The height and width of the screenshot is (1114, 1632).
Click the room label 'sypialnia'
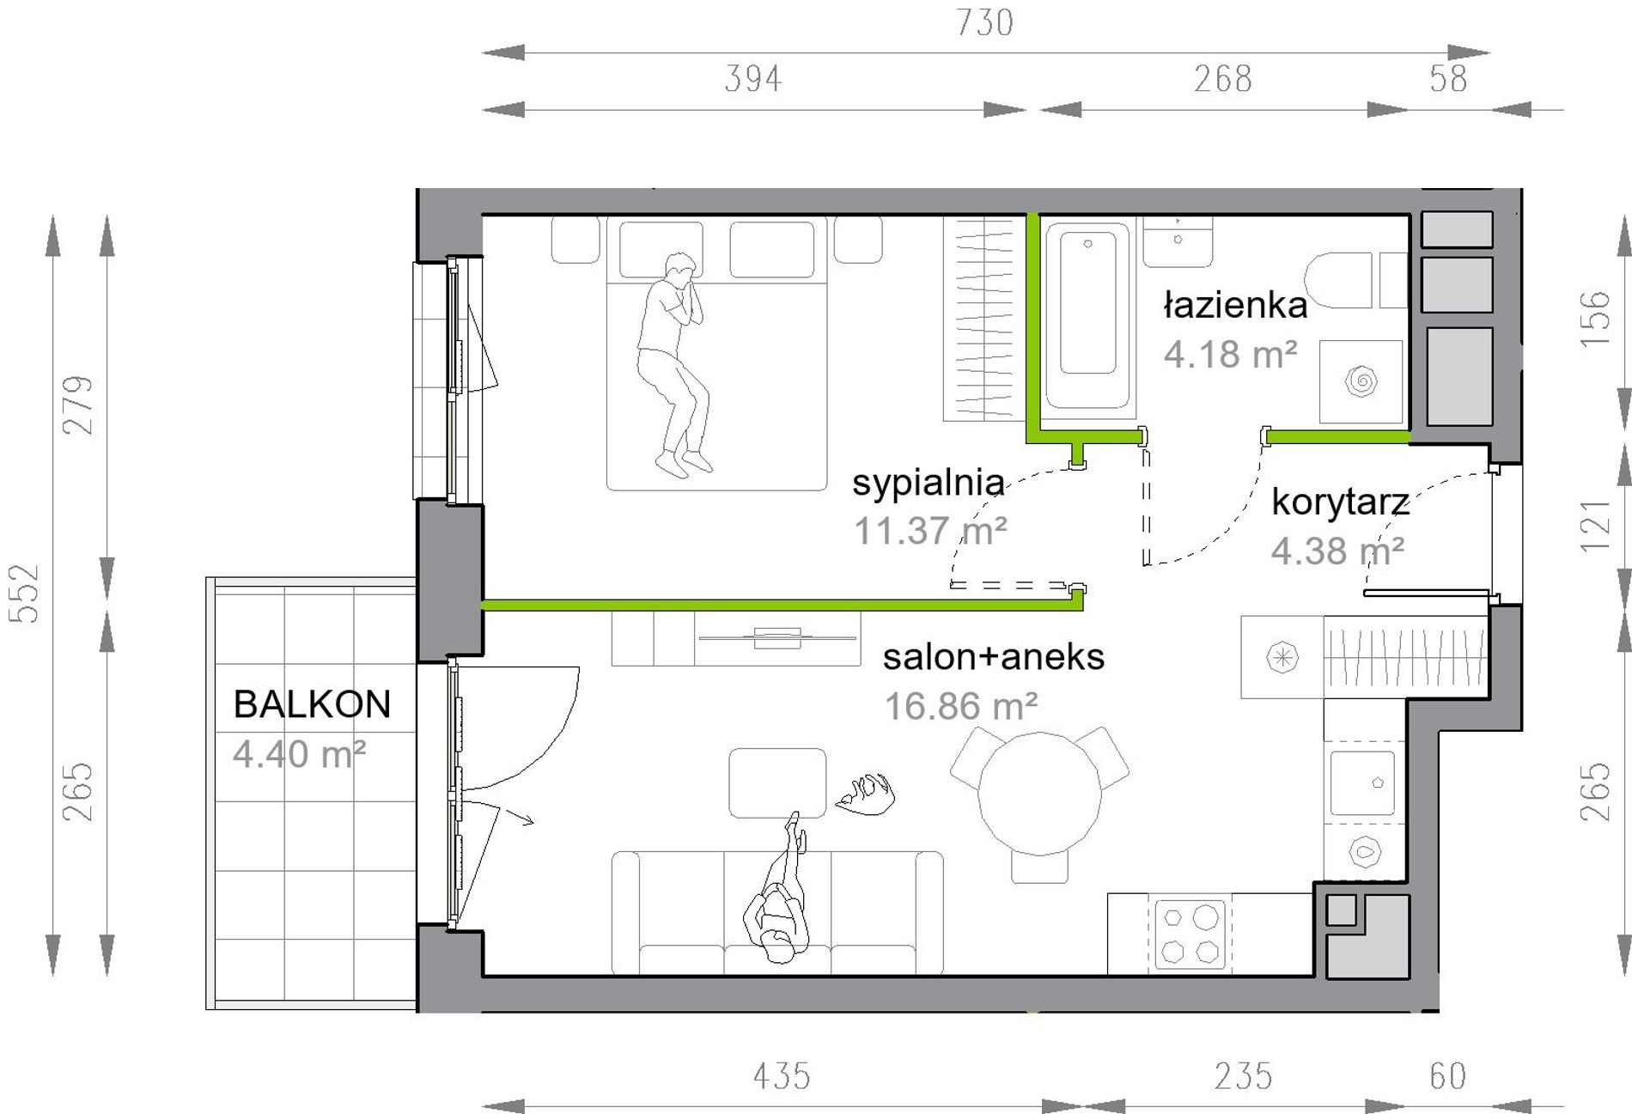click(928, 484)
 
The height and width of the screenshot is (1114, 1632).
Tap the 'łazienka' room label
click(1235, 305)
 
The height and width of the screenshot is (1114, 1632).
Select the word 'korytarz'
click(1340, 502)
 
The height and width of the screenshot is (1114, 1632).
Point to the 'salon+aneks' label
click(994, 657)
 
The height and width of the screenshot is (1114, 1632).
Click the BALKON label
click(312, 704)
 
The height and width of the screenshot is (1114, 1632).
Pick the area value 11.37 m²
click(930, 531)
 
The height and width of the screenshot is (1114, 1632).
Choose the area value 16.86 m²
click(961, 707)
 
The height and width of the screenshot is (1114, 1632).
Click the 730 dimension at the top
click(985, 23)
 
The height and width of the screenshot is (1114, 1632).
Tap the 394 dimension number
click(753, 79)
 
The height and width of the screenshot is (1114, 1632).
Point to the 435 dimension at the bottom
click(782, 1075)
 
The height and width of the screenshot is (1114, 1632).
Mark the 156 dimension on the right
click(1595, 319)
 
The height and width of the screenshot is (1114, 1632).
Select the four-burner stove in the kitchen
click(1190, 934)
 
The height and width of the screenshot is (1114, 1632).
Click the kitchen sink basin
click(1362, 782)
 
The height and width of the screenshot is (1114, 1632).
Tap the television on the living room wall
click(777, 638)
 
